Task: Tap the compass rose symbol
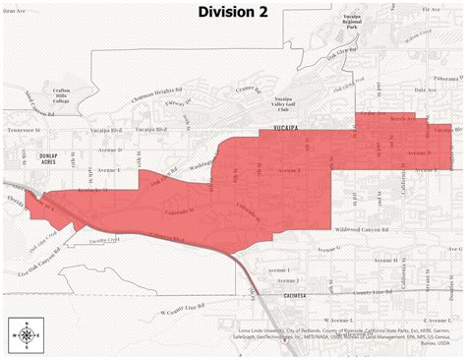[25, 335]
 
